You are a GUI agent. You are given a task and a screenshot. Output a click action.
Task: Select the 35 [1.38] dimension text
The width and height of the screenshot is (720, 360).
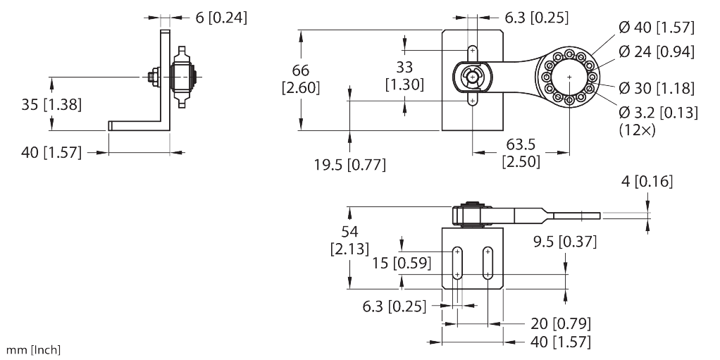pyautogui.click(x=51, y=106)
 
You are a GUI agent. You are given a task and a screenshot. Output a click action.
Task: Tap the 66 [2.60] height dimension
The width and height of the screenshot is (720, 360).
pyautogui.click(x=301, y=79)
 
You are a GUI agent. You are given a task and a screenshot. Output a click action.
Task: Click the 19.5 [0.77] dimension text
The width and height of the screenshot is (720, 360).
pyautogui.click(x=350, y=165)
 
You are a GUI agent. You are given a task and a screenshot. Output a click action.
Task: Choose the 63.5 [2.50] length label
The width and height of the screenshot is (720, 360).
pyautogui.click(x=521, y=152)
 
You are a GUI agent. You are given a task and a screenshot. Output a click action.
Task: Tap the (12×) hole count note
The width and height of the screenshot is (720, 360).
pyautogui.click(x=634, y=130)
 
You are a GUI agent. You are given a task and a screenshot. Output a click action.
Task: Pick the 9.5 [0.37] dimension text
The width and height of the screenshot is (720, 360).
pyautogui.click(x=564, y=242)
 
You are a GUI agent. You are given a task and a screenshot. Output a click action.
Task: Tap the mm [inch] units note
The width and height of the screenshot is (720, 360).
pyautogui.click(x=34, y=350)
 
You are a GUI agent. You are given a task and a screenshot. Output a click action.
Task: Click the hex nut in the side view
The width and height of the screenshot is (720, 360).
pyautogui.click(x=152, y=76)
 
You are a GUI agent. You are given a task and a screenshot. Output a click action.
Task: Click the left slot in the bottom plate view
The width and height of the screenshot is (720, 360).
pyautogui.click(x=458, y=264)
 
